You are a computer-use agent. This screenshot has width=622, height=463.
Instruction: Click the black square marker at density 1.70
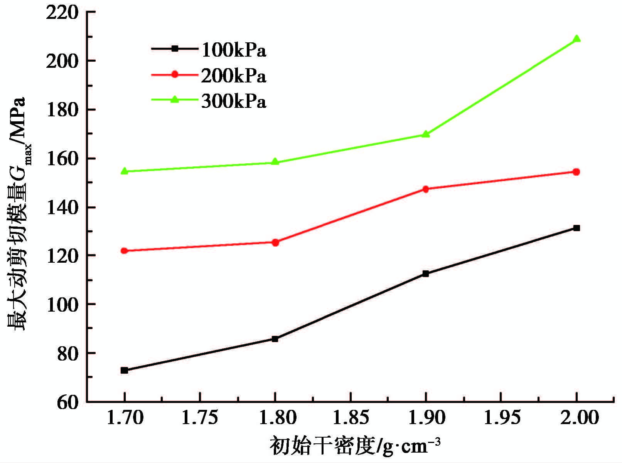(x=124, y=370)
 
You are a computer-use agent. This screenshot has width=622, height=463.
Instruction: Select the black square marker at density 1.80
(x=275, y=339)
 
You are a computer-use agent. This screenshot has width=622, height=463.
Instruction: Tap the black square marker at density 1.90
(x=426, y=273)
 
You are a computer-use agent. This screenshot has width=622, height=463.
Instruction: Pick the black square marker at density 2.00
(x=576, y=228)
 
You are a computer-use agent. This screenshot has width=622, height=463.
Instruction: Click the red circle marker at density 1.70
(x=124, y=251)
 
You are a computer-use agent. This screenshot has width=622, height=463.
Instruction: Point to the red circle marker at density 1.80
(x=275, y=242)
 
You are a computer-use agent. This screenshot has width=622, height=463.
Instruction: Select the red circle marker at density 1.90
(x=426, y=189)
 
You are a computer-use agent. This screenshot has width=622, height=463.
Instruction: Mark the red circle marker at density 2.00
(x=576, y=172)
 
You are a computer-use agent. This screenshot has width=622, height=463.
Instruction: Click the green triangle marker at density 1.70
(x=124, y=171)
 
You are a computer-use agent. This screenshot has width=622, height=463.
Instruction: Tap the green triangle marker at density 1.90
(x=426, y=134)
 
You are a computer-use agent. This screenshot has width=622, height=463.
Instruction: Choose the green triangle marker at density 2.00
(x=576, y=39)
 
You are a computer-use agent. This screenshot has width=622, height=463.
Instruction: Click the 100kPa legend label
(x=234, y=50)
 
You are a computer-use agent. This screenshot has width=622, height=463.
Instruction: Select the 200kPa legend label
(x=234, y=76)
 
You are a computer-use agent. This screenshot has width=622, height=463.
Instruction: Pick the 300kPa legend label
(x=234, y=102)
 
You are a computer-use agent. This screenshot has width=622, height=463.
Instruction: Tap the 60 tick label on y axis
(x=68, y=402)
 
